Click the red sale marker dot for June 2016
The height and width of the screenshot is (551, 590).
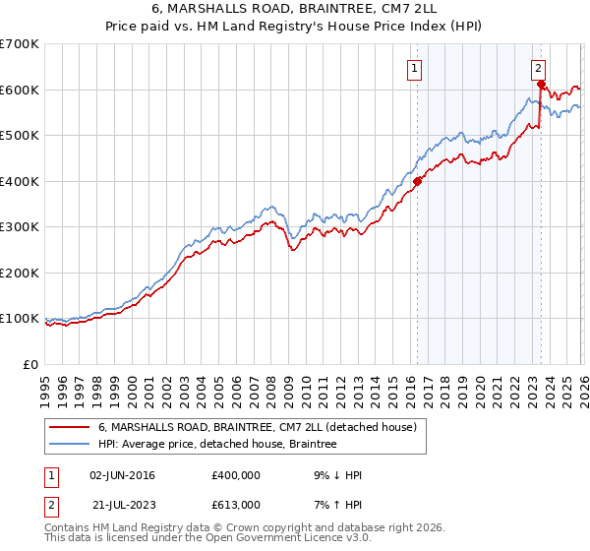(x=417, y=181)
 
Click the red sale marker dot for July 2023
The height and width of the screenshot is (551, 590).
(x=541, y=84)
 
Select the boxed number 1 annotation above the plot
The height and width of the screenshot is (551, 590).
(x=415, y=68)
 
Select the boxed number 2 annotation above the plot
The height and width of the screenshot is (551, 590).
(x=539, y=68)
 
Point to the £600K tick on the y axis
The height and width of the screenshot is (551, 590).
(x=21, y=90)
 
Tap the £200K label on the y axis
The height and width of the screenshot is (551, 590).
(x=21, y=273)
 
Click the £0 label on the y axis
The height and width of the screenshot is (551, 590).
(x=30, y=364)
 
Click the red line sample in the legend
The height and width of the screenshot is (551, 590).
(x=70, y=428)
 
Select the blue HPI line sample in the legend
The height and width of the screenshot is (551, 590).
(x=70, y=445)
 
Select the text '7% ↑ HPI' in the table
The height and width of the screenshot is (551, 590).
(x=335, y=504)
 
